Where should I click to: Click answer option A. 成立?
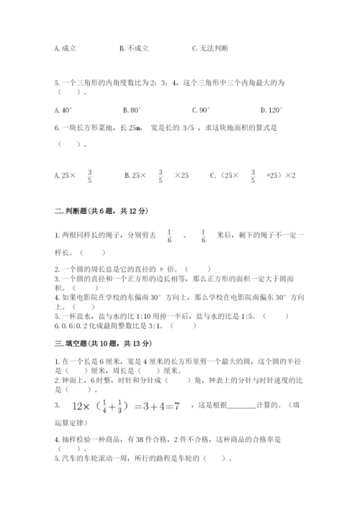pos(66,48)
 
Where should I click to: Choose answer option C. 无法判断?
pos(210,48)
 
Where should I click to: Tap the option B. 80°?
pos(133,110)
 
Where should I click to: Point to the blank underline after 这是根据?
pos(245,407)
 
